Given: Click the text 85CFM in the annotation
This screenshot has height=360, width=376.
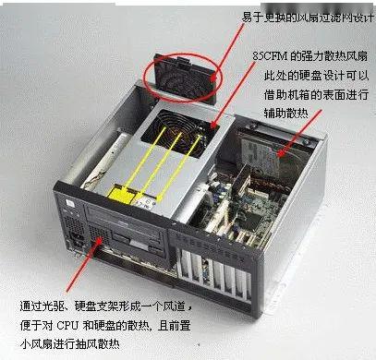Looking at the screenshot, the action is (x=270, y=56).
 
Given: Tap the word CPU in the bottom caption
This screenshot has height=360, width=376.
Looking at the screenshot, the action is (x=67, y=326).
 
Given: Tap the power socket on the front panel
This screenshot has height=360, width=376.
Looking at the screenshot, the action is (x=78, y=238).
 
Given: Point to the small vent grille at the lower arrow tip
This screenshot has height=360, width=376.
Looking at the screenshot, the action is (x=98, y=234).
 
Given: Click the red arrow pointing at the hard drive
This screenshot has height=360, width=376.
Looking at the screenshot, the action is (x=299, y=133).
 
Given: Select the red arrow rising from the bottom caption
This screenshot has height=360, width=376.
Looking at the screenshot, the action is (x=83, y=265).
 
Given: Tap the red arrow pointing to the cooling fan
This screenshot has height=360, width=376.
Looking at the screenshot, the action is (x=233, y=94).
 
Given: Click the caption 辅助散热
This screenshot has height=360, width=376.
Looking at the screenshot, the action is (x=285, y=113).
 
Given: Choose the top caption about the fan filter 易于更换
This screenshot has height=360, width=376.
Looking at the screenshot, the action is (x=308, y=18).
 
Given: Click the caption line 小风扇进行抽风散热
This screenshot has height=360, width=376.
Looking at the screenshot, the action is (x=70, y=344).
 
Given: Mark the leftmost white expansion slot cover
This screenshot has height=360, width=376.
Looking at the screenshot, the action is (x=186, y=267).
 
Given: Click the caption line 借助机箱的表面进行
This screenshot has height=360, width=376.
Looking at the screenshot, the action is (x=316, y=94).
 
